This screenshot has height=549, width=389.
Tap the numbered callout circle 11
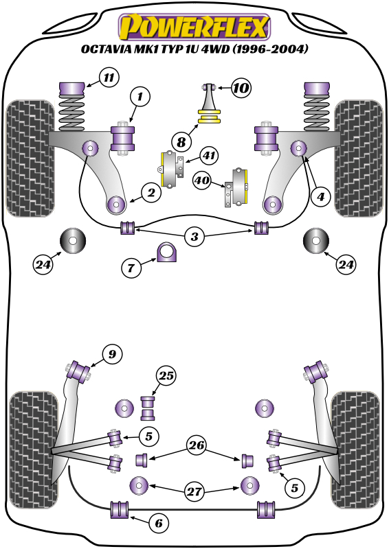pyautogui.click(x=109, y=78)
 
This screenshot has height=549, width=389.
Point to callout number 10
pyautogui.click(x=241, y=88)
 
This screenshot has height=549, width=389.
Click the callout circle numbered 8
pyautogui.click(x=181, y=142)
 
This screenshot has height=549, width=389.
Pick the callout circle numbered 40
pyautogui.click(x=202, y=181)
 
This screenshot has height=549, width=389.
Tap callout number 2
pyautogui.click(x=152, y=194)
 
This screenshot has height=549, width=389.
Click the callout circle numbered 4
pyautogui.click(x=318, y=197)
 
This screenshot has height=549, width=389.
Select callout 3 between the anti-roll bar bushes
pyautogui.click(x=195, y=237)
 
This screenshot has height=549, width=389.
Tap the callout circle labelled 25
pyautogui.click(x=166, y=375)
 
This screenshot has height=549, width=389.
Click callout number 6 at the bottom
pyautogui.click(x=158, y=524)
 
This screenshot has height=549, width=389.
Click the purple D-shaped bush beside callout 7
pyautogui.click(x=167, y=253)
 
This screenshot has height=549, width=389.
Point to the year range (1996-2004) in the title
pyautogui.click(x=269, y=49)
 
